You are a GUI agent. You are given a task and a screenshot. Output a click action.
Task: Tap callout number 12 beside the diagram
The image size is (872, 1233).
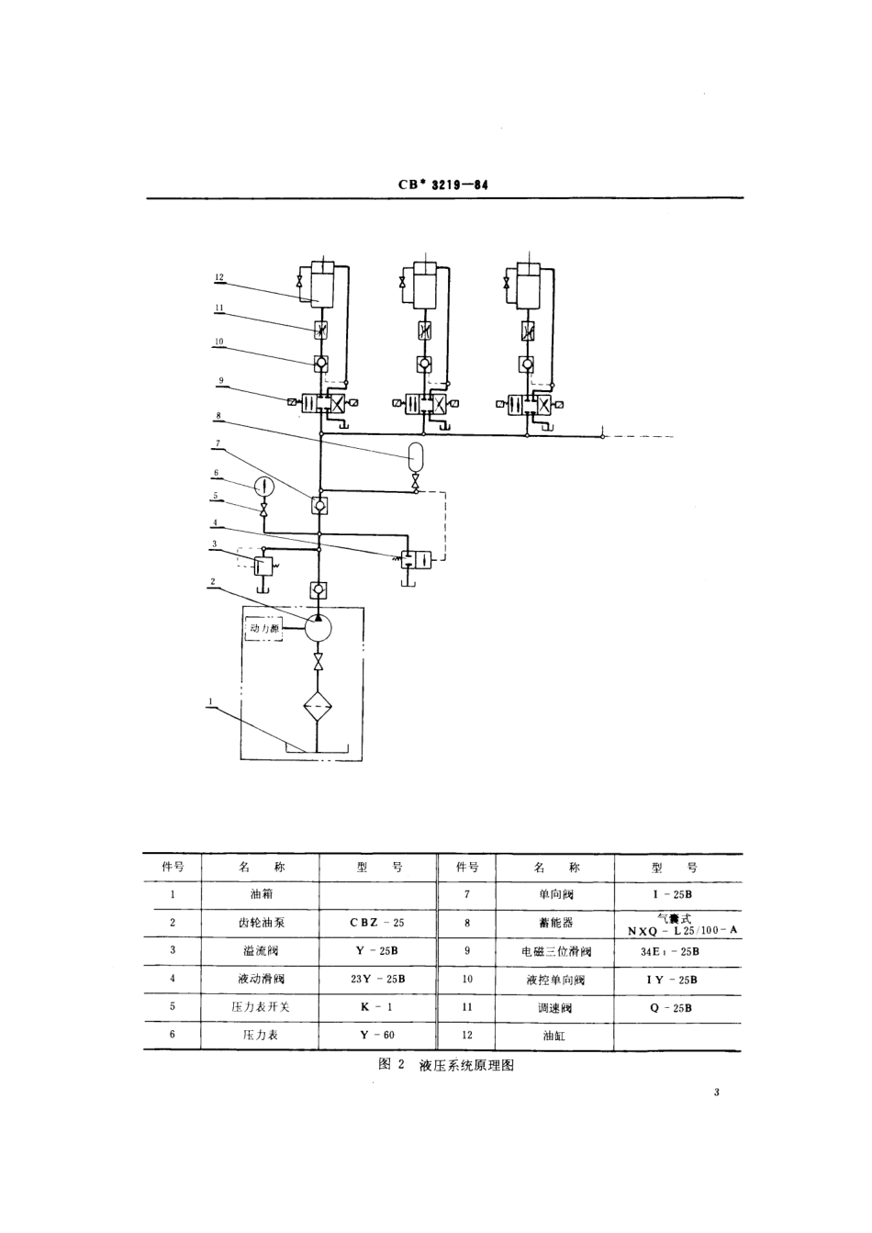(219, 275)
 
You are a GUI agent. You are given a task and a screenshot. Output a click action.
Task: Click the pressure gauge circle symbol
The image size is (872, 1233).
(263, 484)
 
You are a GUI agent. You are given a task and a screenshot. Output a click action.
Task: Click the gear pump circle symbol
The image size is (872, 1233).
(318, 629)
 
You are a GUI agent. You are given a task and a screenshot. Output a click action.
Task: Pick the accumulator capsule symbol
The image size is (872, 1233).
(416, 454)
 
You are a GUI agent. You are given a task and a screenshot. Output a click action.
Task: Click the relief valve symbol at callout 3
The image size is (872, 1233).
(263, 564)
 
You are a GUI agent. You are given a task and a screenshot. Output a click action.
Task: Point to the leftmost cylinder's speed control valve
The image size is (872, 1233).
(320, 330)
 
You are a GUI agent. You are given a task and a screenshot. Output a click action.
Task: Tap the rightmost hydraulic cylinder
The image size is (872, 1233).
(528, 284)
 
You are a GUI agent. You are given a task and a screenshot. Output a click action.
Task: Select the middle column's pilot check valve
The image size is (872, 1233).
(424, 363)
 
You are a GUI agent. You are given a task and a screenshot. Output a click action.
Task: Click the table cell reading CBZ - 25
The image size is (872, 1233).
(377, 922)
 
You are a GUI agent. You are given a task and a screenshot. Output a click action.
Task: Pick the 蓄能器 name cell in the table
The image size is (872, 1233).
(554, 923)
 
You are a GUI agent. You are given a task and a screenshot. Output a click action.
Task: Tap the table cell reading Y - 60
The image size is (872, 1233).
(377, 1035)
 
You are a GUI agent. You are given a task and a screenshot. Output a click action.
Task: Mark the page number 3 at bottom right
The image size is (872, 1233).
(715, 1093)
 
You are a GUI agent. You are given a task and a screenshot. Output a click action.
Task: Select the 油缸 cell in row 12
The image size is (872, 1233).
(554, 1035)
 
